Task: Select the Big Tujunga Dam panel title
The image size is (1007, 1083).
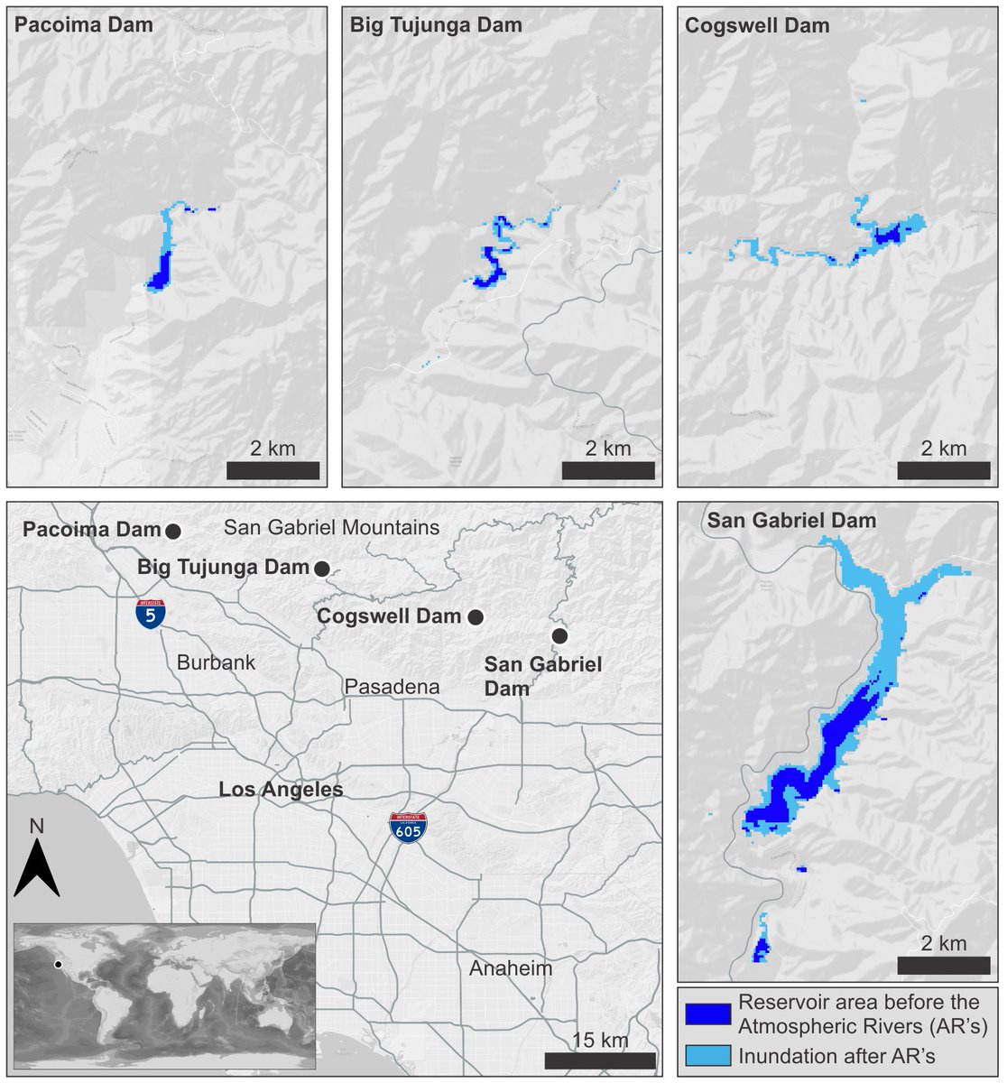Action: point(436,25)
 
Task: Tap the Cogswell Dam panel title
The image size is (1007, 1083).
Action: point(757,25)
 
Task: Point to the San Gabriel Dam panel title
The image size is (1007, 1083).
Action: point(791,521)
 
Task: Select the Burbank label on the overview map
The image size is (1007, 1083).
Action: point(216,662)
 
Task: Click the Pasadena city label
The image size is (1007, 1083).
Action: point(392,687)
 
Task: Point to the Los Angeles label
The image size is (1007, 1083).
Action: point(281,790)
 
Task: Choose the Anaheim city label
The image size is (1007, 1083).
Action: point(510,968)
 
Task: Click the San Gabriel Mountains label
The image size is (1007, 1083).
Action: point(331,528)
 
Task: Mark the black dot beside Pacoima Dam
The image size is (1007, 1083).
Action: point(173,531)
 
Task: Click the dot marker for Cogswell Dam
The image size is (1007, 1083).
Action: point(476,617)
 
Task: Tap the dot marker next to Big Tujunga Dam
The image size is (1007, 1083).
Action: point(321,569)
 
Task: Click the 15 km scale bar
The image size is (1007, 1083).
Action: point(599,1060)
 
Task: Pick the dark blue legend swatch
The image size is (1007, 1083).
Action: point(707,1014)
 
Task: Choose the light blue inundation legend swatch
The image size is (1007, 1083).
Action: point(707,1054)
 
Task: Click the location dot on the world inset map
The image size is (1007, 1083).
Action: point(58,965)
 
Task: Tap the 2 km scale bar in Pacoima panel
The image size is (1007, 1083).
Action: point(273,470)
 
